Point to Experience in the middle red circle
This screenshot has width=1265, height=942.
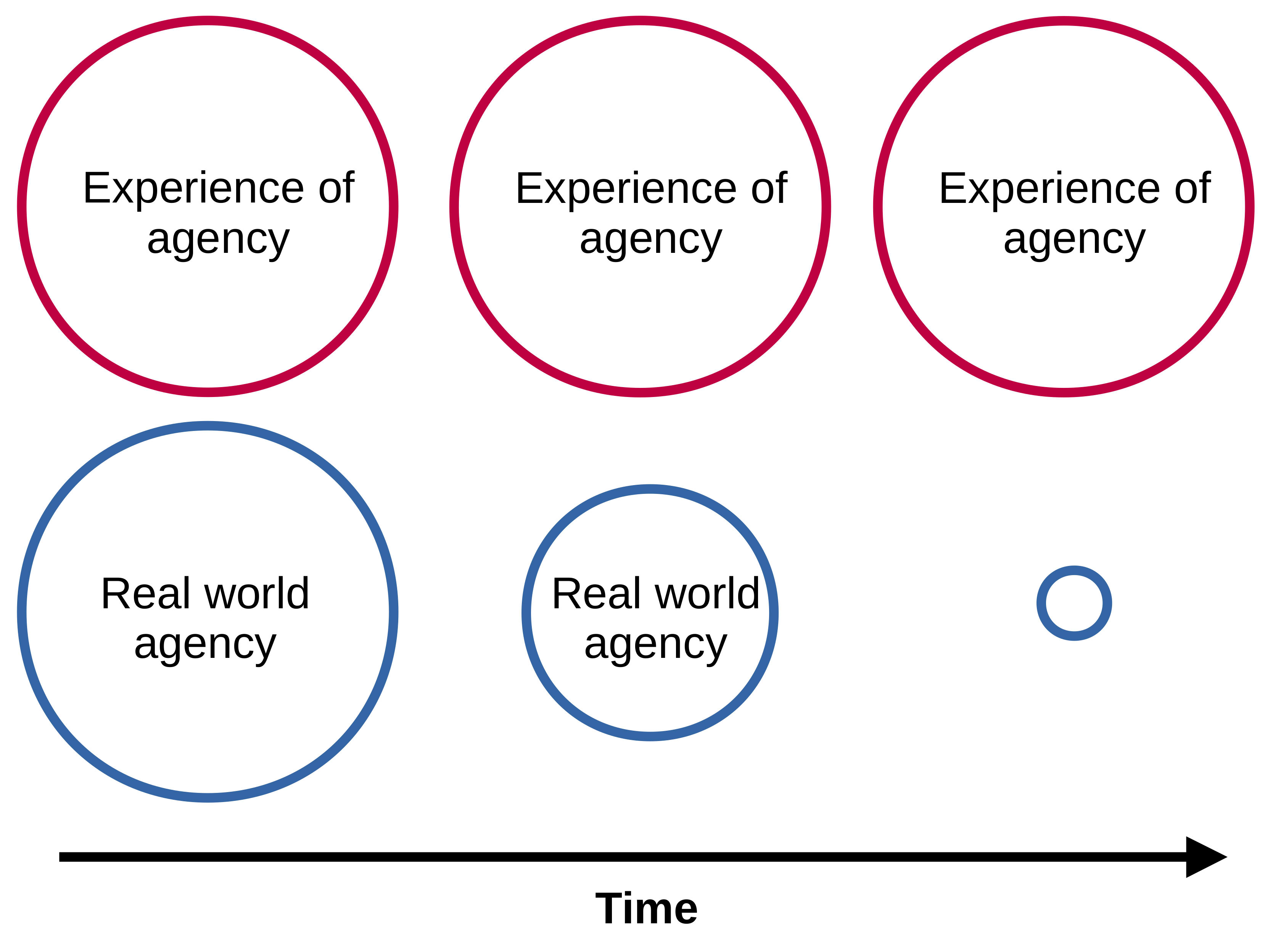click(x=626, y=189)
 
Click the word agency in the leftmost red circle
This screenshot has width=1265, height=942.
click(x=219, y=240)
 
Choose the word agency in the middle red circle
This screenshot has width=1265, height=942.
click(x=651, y=240)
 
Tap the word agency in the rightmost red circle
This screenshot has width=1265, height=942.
click(x=1075, y=240)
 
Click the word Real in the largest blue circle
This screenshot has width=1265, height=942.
click(x=145, y=594)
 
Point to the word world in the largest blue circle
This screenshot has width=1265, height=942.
click(x=257, y=594)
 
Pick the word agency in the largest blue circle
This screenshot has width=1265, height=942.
click(x=205, y=645)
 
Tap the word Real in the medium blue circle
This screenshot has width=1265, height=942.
click(x=596, y=594)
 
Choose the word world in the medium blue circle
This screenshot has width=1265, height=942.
click(x=707, y=594)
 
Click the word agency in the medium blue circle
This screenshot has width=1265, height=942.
click(x=656, y=645)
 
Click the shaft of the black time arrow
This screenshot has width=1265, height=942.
click(x=570, y=857)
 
